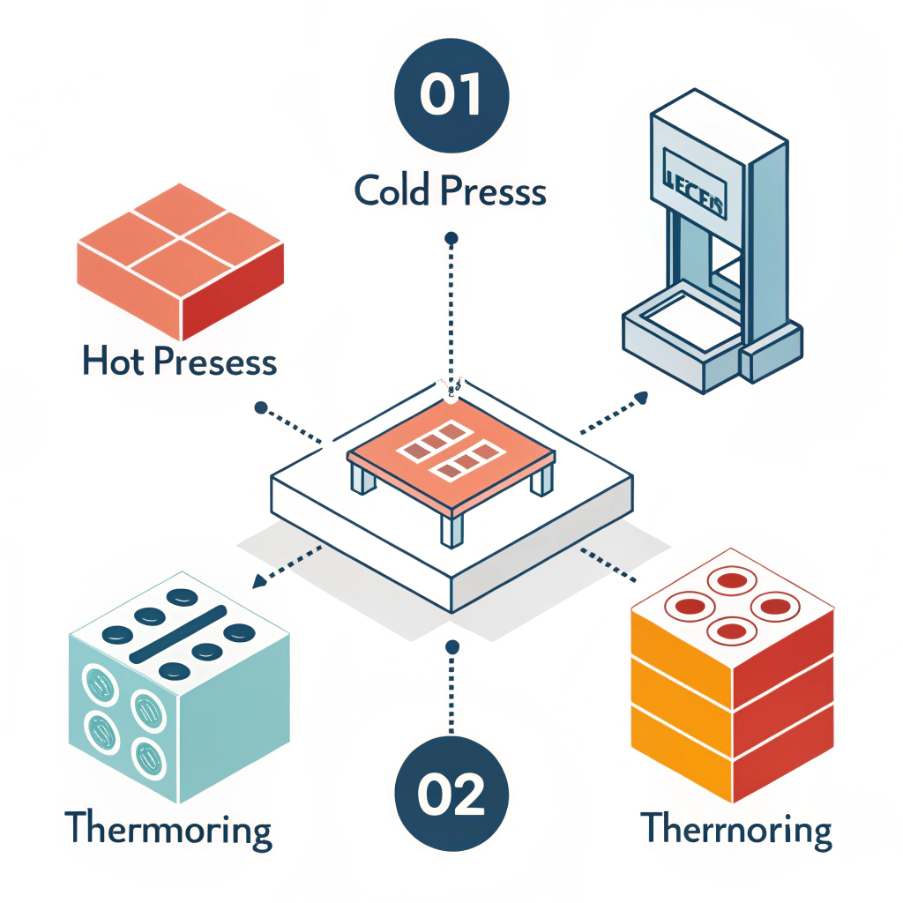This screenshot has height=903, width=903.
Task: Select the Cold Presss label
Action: pyautogui.click(x=451, y=190)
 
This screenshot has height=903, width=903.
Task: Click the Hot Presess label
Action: pyautogui.click(x=180, y=362)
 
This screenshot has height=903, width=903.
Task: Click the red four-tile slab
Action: pyautogui.click(x=181, y=259)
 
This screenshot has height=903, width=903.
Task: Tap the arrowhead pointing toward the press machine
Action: pyautogui.click(x=642, y=399)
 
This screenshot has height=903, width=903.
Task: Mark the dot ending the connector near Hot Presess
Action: pyautogui.click(x=260, y=408)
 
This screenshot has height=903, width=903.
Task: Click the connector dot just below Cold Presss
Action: pyautogui.click(x=451, y=238)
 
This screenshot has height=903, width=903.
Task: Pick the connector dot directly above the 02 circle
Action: pyautogui.click(x=451, y=647)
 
